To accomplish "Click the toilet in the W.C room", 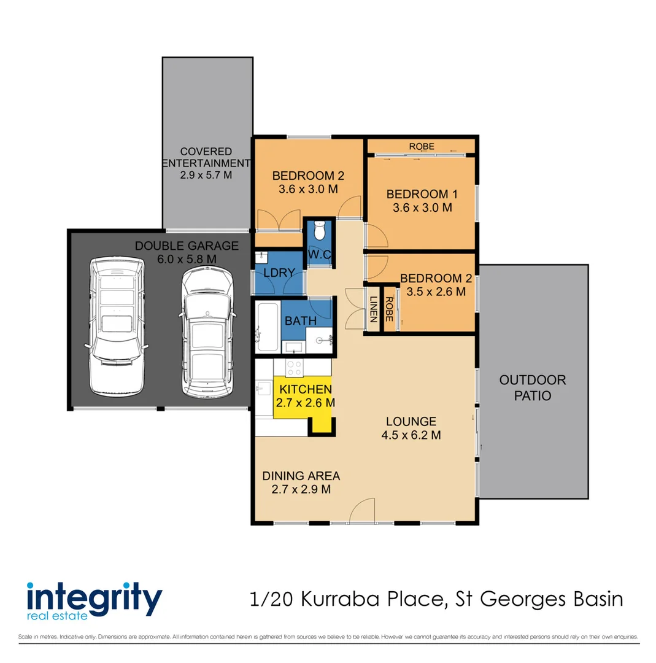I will tap(318, 231).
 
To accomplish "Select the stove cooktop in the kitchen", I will tap(295, 368).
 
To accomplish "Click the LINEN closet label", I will tap(373, 310).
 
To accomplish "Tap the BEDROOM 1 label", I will tap(422, 194).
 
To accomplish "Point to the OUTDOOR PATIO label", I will tap(533, 388).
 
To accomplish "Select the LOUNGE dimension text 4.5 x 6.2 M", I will tap(411, 435).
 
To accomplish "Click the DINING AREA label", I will tap(301, 476).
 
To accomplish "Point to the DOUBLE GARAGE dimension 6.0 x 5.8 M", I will tap(187, 259).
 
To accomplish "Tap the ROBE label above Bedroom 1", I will tap(422, 146).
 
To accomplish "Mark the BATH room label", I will tap(300, 320).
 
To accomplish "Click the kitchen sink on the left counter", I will tap(264, 388).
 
